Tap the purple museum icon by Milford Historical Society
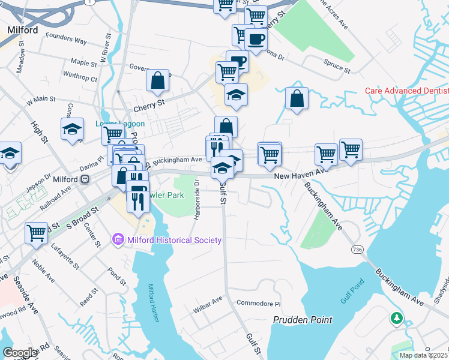[118, 240]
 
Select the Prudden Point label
[303, 320]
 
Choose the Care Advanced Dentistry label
[407, 91]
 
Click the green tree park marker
[396, 317]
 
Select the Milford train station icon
[86, 179]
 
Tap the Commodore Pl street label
[259, 303]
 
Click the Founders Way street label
[68, 40]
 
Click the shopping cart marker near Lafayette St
[36, 233]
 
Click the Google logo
[20, 352]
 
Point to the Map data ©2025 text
[423, 355]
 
